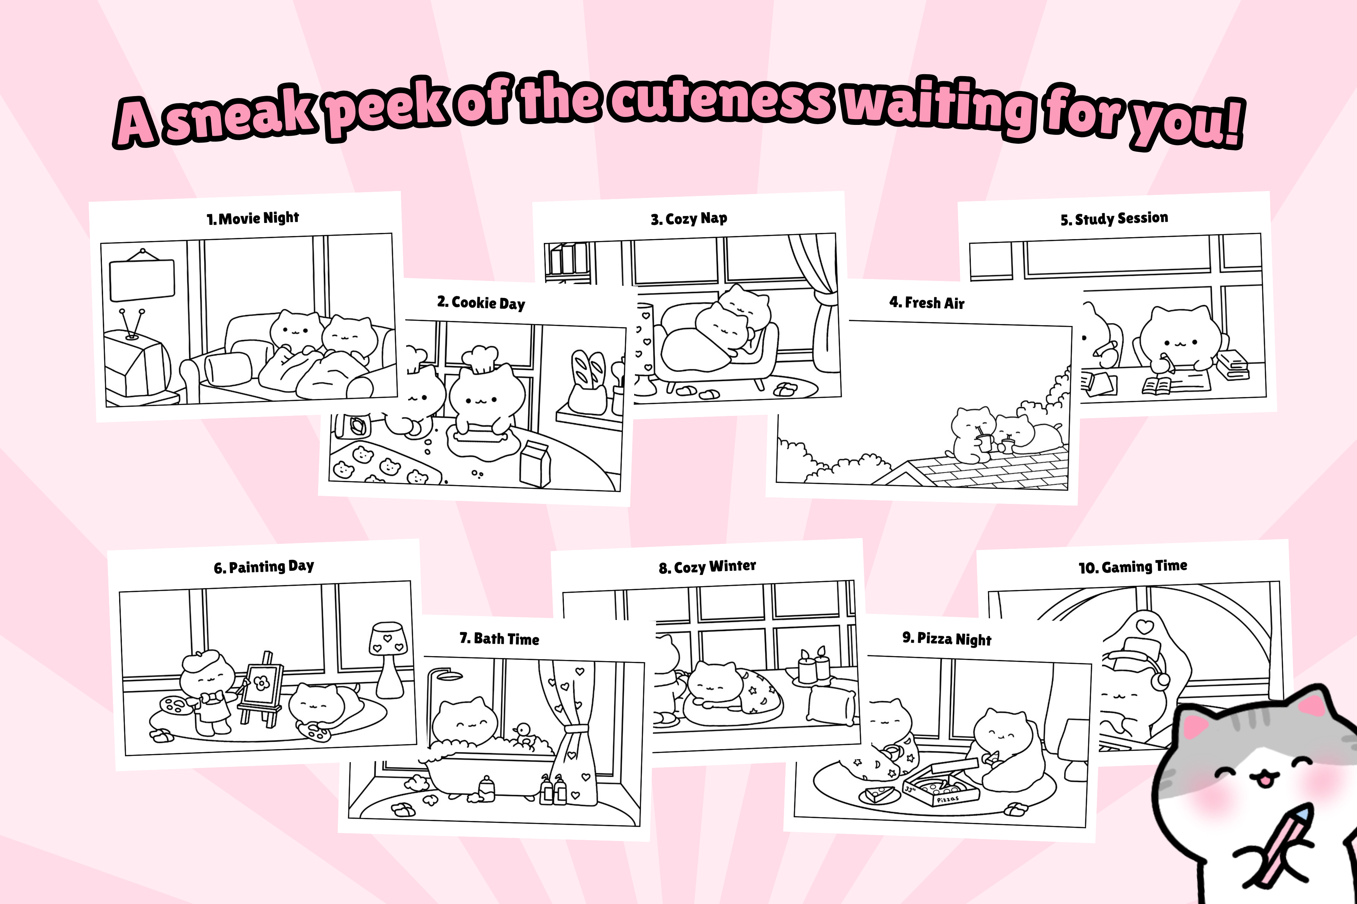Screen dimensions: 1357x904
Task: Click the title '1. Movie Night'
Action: tap(253, 218)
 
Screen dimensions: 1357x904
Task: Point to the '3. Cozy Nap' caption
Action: tap(689, 218)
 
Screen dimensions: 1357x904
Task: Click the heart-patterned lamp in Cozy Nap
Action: tap(644, 349)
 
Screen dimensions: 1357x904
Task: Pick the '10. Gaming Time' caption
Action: tap(1133, 567)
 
